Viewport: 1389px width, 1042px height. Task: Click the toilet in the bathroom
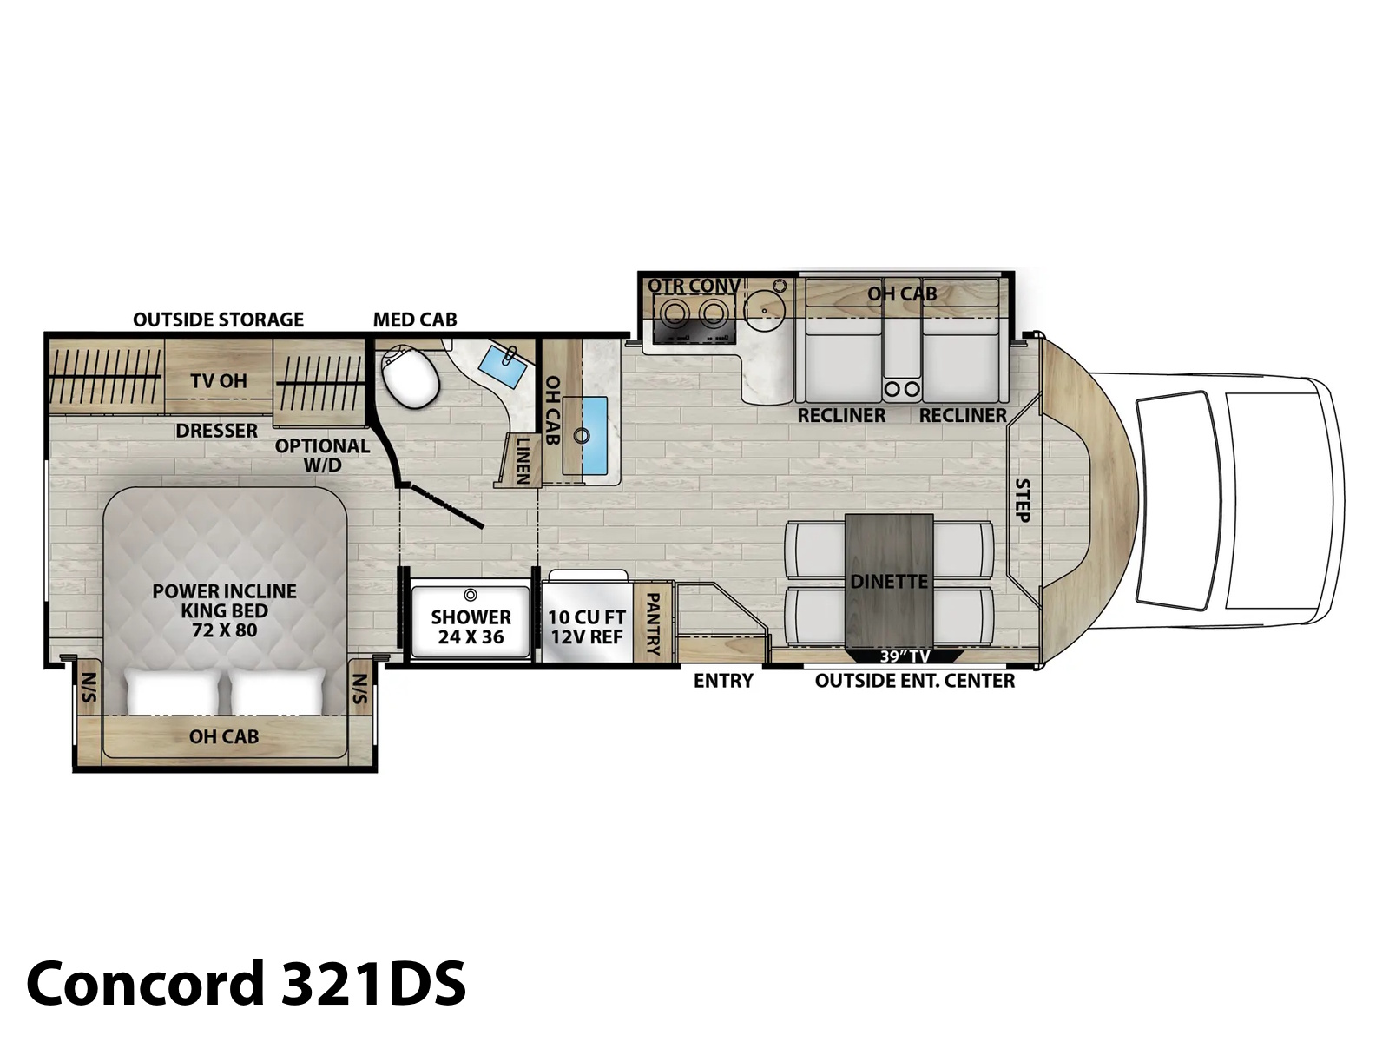(410, 378)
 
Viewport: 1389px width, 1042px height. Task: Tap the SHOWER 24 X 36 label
(471, 627)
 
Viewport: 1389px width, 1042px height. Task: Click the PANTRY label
(654, 623)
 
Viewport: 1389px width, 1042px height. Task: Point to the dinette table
(889, 582)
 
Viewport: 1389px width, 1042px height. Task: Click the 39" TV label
(905, 656)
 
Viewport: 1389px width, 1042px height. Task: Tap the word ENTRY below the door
(723, 681)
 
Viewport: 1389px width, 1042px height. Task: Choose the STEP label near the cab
(1022, 500)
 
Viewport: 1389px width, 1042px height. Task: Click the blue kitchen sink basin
(594, 435)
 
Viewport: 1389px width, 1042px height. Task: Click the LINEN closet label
(523, 460)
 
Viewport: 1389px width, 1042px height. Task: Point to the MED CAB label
(414, 320)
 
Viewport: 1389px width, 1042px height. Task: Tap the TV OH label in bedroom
(219, 381)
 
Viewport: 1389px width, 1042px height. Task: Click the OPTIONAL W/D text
(322, 456)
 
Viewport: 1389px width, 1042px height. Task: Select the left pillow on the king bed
(174, 691)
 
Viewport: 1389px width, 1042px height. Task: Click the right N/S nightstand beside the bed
(359, 688)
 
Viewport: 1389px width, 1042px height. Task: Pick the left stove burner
(672, 313)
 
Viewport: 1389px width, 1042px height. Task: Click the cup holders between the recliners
(902, 389)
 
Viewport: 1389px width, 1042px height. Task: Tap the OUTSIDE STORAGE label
(218, 320)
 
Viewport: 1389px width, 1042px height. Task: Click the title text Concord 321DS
(247, 983)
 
